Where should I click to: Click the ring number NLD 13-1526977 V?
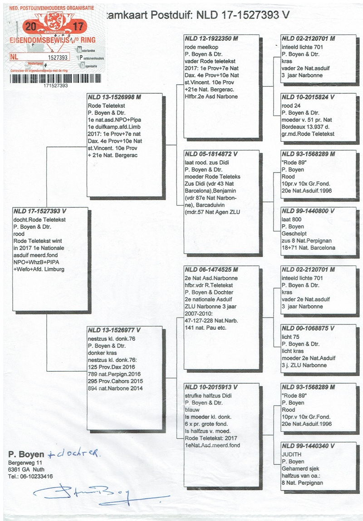114,330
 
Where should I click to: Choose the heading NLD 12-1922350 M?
211,39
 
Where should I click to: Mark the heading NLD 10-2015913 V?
211,387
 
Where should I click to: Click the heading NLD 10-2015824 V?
308,97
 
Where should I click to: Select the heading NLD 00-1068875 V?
308,328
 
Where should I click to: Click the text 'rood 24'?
291,105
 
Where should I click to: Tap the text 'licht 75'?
290,336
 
